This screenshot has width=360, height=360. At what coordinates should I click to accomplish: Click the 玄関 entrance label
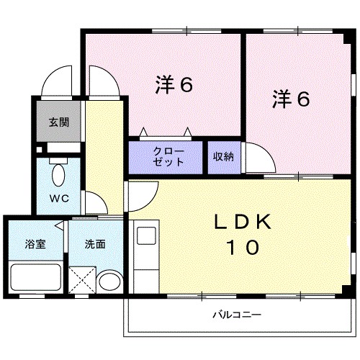point(59,122)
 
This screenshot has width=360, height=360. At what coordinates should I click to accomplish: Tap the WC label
point(59,199)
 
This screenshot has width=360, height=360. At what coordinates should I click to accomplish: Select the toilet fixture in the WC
point(58,174)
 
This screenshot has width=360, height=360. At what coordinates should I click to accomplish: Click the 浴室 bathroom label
point(35,244)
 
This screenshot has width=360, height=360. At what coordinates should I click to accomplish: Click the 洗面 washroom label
point(94,244)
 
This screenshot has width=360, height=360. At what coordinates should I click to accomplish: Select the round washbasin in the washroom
point(109,280)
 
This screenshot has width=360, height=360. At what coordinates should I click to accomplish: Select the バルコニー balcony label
point(236,315)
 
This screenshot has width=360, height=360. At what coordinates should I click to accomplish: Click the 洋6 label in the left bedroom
point(174,85)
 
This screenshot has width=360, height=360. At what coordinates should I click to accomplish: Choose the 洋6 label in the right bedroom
point(291,99)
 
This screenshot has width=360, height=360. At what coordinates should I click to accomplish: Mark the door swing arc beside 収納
point(257,154)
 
